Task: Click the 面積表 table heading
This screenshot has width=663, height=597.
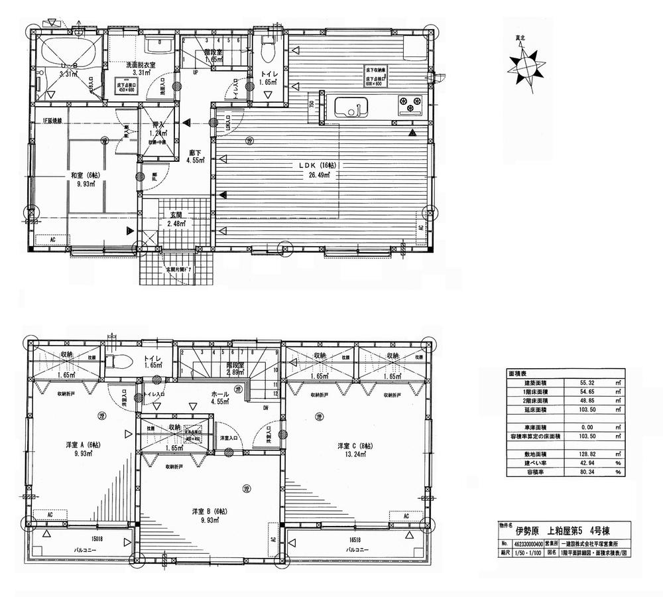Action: coord(518,373)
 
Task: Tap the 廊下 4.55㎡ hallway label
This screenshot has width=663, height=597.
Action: coord(195,155)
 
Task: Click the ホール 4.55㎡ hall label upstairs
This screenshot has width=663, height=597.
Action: coord(218,396)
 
